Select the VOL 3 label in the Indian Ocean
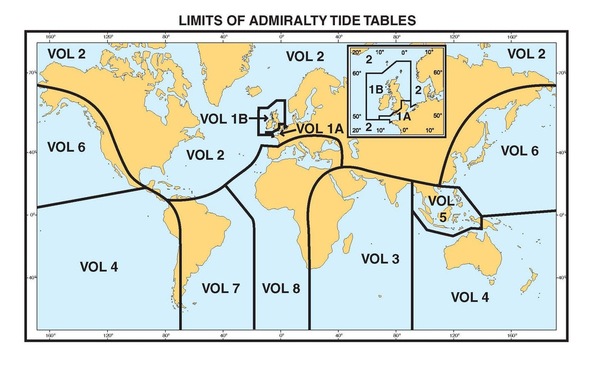tap(380, 259)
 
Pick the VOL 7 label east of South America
tap(220, 289)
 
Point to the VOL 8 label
tap(281, 289)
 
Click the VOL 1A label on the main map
tap(319, 128)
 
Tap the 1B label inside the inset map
tap(376, 89)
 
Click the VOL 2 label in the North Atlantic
tap(205, 155)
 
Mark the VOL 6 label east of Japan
tap(519, 150)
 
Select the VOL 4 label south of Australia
tap(470, 296)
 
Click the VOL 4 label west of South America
tap(99, 266)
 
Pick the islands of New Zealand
tap(528, 281)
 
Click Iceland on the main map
tap(254, 90)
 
